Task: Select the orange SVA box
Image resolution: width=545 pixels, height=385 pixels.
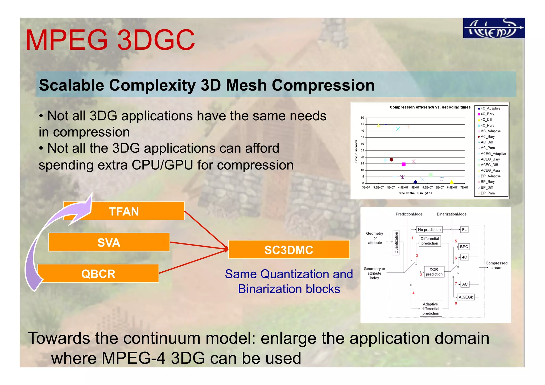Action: [x=109, y=242]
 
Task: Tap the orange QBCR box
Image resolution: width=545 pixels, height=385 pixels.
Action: [x=98, y=273]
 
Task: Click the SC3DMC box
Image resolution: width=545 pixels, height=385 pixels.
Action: [x=289, y=250]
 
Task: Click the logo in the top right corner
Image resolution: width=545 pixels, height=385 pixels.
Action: [x=494, y=28]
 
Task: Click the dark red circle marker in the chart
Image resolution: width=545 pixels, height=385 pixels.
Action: [x=391, y=160]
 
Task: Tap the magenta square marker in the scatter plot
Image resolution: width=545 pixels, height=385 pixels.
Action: [x=403, y=164]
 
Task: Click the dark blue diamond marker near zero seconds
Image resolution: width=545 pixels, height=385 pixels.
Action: [x=415, y=182]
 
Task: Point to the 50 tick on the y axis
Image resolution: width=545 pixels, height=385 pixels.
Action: [x=362, y=118]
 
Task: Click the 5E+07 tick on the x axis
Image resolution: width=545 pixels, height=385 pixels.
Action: [x=415, y=188]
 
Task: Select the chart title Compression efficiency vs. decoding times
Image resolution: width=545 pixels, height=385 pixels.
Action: [x=430, y=107]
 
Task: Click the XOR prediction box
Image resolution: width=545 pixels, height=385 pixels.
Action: [x=434, y=272]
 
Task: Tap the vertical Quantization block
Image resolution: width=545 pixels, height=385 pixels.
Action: [x=396, y=242]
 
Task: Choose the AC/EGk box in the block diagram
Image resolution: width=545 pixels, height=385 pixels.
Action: [x=466, y=297]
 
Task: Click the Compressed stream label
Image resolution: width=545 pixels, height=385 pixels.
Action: [x=496, y=265]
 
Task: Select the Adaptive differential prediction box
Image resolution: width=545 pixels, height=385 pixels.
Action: [x=430, y=309]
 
